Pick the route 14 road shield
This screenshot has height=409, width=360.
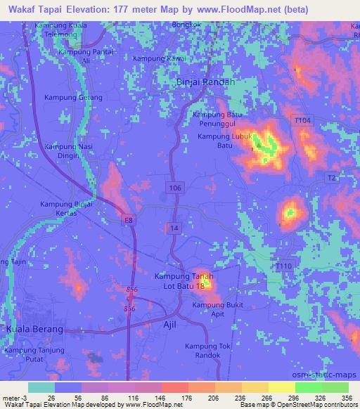pos(173,228)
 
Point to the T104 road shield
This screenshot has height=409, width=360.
pos(302,121)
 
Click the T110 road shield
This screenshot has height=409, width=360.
pos(283,265)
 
